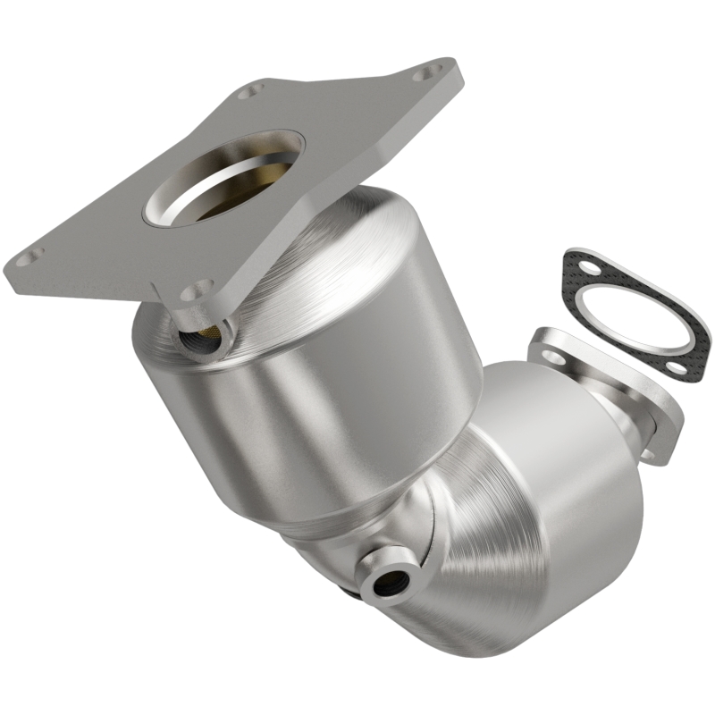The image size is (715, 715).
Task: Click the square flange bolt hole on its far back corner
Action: point(252,90)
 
